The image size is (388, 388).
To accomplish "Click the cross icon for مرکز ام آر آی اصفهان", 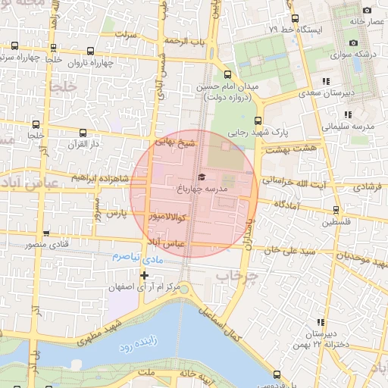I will pyautogui.click(x=144, y=275).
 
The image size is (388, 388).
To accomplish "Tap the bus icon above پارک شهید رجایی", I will pyautogui.click(x=258, y=120).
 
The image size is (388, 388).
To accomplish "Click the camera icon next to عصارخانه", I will pyautogui.click(x=368, y=11).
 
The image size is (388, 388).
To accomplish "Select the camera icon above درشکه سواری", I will pyautogui.click(x=354, y=42).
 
